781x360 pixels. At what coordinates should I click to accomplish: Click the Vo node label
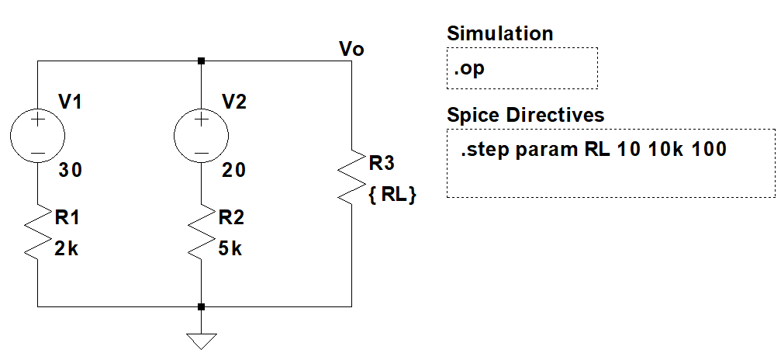(x=352, y=50)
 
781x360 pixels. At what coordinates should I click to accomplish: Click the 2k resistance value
(x=67, y=249)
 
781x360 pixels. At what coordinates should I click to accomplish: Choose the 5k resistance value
(x=231, y=249)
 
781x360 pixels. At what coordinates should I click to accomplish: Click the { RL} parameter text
(x=392, y=196)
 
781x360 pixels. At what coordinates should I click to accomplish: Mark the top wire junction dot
(x=201, y=61)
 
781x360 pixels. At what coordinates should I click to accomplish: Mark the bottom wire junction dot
(x=201, y=306)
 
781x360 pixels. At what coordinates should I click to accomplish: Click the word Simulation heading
(x=499, y=33)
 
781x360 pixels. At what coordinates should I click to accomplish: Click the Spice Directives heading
(x=525, y=115)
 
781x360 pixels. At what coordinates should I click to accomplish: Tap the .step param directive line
(x=593, y=150)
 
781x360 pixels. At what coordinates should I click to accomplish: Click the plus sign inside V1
(x=37, y=119)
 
